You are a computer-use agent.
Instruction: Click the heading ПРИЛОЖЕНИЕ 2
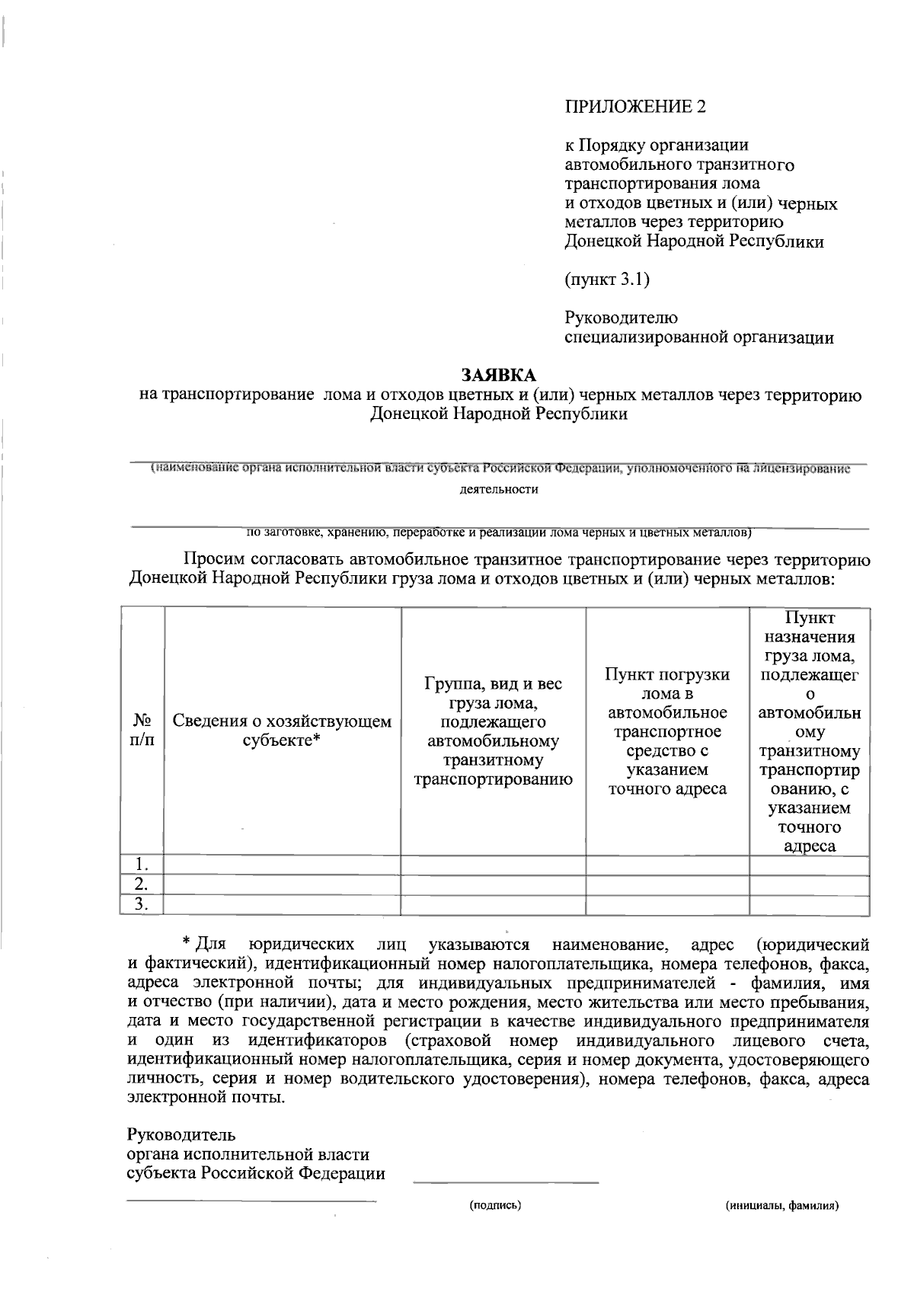point(634,107)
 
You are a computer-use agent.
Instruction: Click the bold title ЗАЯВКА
point(499,376)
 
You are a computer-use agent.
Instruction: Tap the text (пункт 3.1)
point(607,280)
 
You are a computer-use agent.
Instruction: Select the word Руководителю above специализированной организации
point(621,318)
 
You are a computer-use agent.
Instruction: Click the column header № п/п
point(142,730)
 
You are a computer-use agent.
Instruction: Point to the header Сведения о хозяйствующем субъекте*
point(282,730)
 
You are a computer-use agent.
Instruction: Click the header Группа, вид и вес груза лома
point(493,731)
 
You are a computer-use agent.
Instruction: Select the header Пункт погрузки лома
point(667,731)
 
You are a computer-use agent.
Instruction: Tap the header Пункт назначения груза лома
point(810,731)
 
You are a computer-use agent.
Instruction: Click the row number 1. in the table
point(142,865)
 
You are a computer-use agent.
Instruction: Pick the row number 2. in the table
point(142,884)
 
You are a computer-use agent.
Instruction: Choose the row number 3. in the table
point(142,904)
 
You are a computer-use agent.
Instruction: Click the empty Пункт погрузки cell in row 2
point(667,884)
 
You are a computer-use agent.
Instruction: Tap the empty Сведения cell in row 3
point(282,904)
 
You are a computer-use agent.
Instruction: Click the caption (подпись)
point(495,1206)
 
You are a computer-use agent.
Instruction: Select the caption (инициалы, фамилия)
point(782,1206)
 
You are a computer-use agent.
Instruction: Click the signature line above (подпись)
point(506,1182)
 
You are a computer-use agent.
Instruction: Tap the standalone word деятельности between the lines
point(499,490)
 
